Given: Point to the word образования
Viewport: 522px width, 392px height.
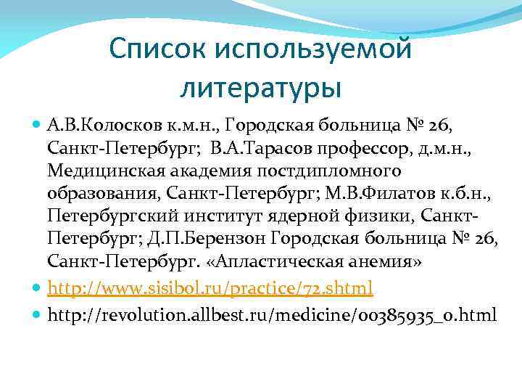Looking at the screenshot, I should click(x=104, y=195).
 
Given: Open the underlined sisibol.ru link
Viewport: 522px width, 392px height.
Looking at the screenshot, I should click(x=210, y=289).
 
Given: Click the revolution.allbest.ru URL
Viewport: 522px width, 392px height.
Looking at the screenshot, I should click(x=272, y=314).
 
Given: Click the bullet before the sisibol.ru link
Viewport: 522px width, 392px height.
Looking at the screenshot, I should click(x=38, y=289).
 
